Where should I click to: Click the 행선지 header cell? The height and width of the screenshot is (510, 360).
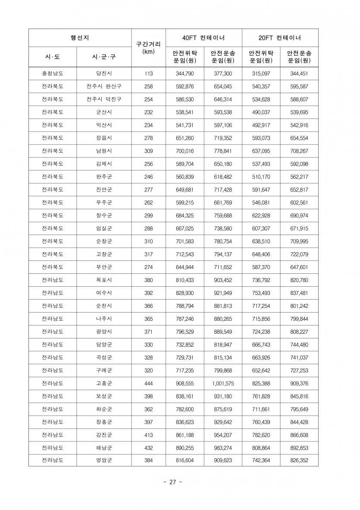(x=80, y=38)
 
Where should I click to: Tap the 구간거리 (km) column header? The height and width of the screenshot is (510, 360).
(x=148, y=47)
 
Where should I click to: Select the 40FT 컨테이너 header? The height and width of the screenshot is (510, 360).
(x=203, y=38)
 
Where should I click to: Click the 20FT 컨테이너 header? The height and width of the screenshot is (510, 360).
(x=280, y=38)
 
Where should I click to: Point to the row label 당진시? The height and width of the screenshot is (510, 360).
(x=104, y=74)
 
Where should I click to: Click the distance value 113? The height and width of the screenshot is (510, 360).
(x=148, y=74)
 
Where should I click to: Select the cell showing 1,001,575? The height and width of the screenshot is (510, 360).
(x=223, y=383)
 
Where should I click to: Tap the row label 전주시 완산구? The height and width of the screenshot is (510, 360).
(x=104, y=86)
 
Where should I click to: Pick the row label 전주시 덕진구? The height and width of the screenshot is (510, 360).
(x=104, y=99)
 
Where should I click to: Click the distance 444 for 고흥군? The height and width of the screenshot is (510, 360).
(x=148, y=383)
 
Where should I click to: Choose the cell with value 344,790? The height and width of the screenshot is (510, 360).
(x=185, y=74)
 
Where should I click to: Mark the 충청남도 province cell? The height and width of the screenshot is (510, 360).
(x=53, y=74)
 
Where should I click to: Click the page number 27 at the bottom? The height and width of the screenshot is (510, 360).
(x=172, y=482)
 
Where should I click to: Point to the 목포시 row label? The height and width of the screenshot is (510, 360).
(x=104, y=280)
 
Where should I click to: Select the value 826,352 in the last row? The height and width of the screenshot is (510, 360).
(x=300, y=460)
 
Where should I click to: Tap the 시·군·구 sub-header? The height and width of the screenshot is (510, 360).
(x=104, y=57)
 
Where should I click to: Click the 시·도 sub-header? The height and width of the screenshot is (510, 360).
(x=53, y=57)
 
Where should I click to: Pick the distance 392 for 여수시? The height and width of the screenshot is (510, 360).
(x=148, y=293)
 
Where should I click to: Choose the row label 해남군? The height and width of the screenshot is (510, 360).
(x=104, y=448)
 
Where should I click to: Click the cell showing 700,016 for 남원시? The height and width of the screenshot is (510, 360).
(x=185, y=151)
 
